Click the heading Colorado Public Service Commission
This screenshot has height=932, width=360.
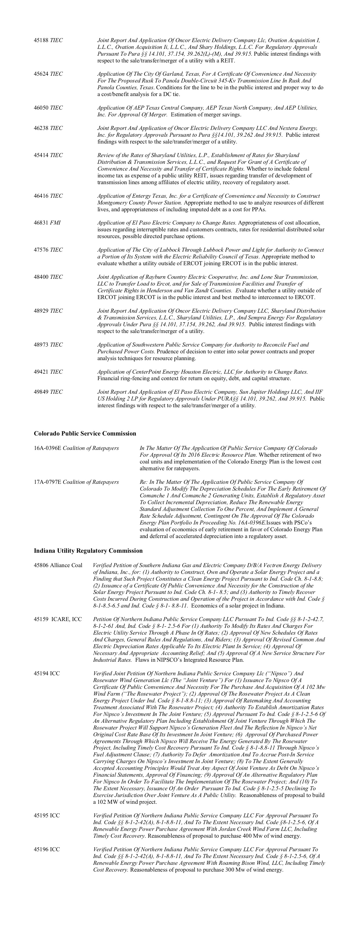pos(85,434)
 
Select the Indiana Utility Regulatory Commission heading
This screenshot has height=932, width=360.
pos(88,551)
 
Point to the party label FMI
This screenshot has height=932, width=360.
pos(55,223)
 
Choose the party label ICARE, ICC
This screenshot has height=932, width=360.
pos(67,619)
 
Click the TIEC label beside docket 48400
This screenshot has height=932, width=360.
pos(56,277)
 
